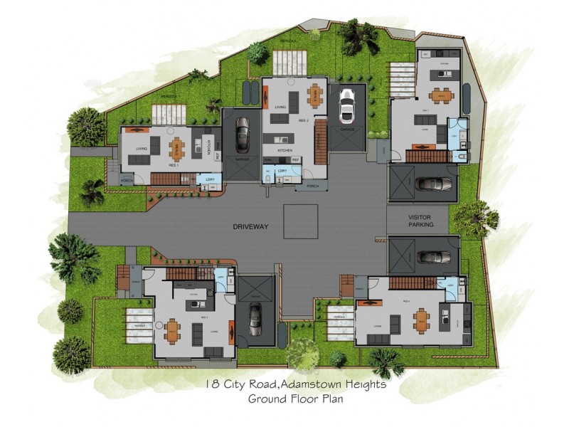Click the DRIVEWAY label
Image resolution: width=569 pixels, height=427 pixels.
[x=249, y=226]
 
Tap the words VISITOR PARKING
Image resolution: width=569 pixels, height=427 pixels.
[x=421, y=221]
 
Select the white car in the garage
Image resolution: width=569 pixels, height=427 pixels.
[x=347, y=106]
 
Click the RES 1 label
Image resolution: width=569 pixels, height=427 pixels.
[x=173, y=164]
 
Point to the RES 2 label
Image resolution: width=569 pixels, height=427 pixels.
[x=303, y=121]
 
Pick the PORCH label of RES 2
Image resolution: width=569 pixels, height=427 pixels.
[x=312, y=186]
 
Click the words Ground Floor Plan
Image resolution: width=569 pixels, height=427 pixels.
[x=296, y=399]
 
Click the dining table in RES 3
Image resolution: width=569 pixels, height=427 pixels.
[x=173, y=330]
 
